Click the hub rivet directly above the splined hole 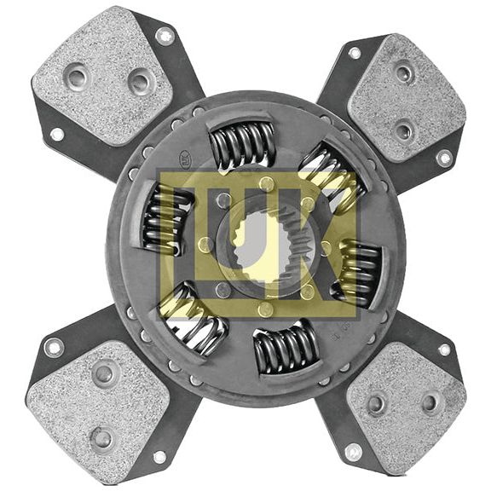pos(267,184)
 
